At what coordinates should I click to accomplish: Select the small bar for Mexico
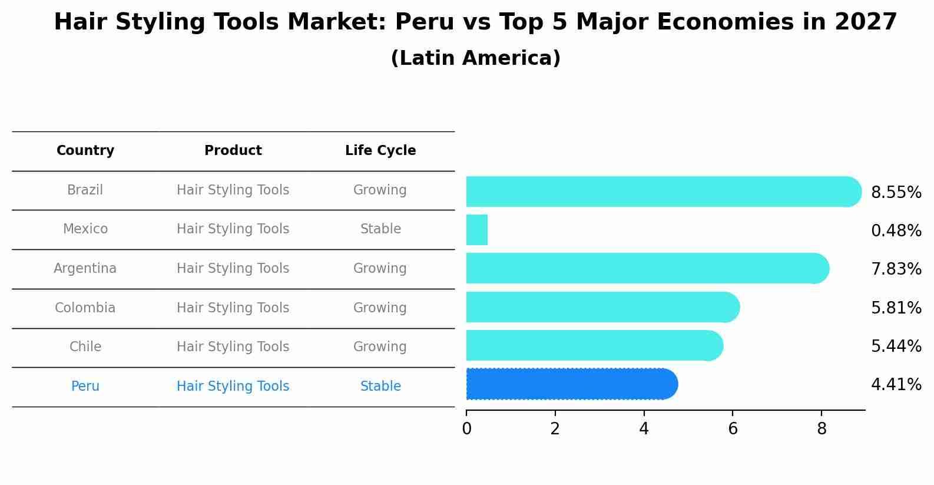coord(477,230)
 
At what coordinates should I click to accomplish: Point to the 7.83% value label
coord(896,269)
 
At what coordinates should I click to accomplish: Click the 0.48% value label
coord(896,231)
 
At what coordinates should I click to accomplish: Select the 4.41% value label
coord(896,385)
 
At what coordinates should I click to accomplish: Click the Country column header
coord(85,151)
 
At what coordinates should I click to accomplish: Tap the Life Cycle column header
coord(380,151)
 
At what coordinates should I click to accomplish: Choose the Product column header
coord(233,151)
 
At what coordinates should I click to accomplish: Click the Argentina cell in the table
coord(85,269)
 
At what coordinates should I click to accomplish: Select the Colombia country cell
coord(85,308)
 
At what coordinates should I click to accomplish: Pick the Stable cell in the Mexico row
coord(380,229)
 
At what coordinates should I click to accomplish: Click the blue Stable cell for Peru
coord(380,387)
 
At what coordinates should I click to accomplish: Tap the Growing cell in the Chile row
coord(380,347)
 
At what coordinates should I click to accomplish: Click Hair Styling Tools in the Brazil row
coord(233,190)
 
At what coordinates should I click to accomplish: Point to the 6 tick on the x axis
coord(733,428)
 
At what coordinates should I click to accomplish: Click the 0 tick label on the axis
coord(466,428)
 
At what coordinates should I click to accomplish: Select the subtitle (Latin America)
coord(475,58)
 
